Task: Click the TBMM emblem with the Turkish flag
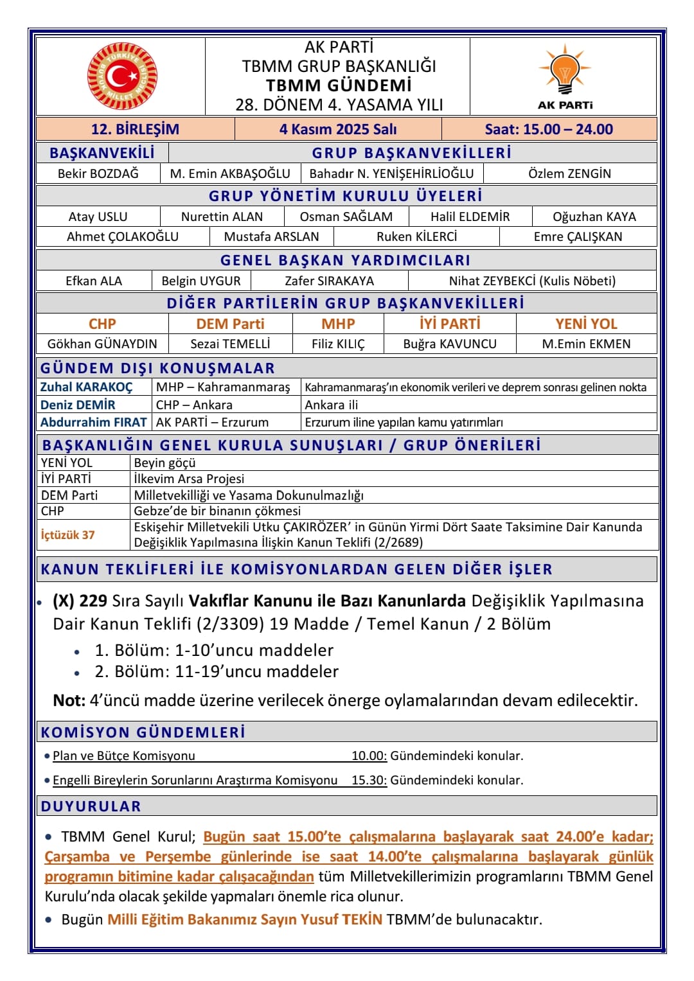tap(122, 76)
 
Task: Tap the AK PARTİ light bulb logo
tap(565, 70)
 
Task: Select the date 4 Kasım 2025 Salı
tap(338, 129)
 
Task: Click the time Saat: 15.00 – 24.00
tap(549, 129)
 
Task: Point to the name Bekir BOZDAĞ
tap(98, 173)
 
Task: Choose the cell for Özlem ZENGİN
tap(569, 173)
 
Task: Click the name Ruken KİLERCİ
tap(416, 236)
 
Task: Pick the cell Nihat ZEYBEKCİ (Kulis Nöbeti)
tap(532, 281)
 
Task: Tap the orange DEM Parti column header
tap(230, 324)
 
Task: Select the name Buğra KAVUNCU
tap(450, 344)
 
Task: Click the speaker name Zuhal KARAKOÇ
tap(86, 387)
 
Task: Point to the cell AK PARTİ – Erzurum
tap(212, 422)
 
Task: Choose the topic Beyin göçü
tap(165, 463)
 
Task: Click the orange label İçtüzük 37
tap(67, 535)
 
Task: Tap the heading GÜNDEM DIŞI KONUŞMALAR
tap(157, 368)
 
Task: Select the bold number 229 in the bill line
tap(93, 601)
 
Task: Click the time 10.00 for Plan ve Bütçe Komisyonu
tap(369, 756)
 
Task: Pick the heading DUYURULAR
tap(91, 806)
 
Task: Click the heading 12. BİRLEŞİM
tap(135, 129)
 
